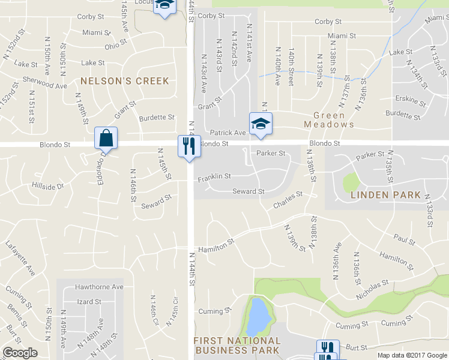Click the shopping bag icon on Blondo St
[106, 137]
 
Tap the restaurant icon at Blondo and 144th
[189, 145]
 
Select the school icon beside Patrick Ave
[261, 123]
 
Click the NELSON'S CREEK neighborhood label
[125, 81]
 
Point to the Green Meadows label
[328, 119]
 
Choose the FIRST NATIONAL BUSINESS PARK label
[237, 345]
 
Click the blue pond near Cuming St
[258, 316]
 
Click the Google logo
[20, 352]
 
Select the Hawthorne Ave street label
[99, 287]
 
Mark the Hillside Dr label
[48, 187]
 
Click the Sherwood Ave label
[44, 85]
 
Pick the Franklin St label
[214, 176]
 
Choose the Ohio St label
[116, 44]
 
